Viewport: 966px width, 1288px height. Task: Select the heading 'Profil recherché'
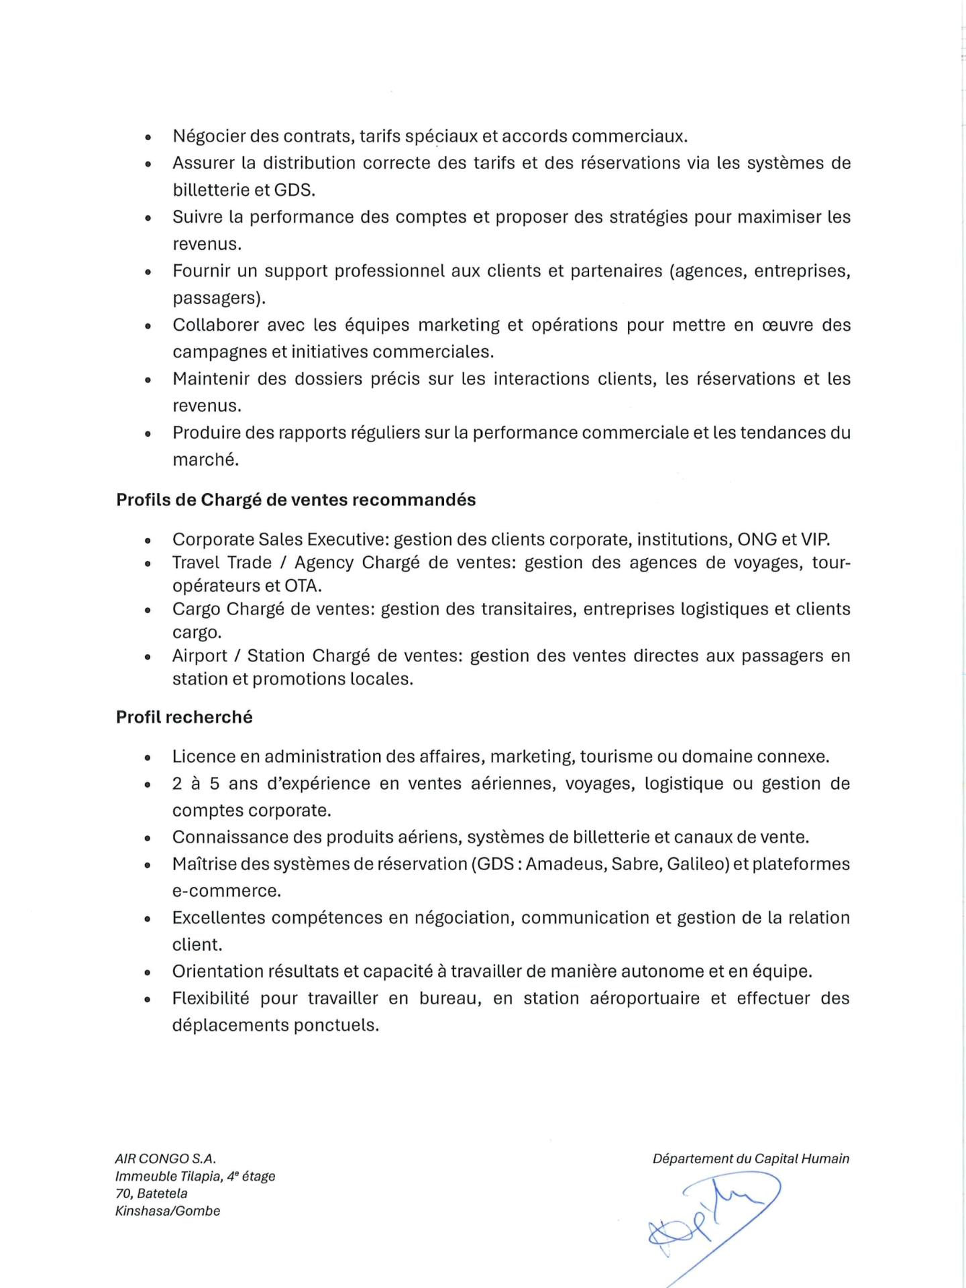[184, 717]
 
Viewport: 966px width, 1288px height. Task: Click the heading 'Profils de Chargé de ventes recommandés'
[296, 500]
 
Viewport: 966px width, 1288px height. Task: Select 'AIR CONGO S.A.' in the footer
[166, 1159]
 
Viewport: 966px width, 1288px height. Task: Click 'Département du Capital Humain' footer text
[751, 1159]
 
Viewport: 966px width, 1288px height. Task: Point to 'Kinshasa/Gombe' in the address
[168, 1211]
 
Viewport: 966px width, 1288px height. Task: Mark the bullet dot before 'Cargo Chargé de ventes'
[148, 610]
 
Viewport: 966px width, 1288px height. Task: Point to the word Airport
[199, 655]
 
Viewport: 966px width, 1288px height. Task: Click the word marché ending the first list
[205, 460]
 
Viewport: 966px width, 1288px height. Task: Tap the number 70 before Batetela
[123, 1193]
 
